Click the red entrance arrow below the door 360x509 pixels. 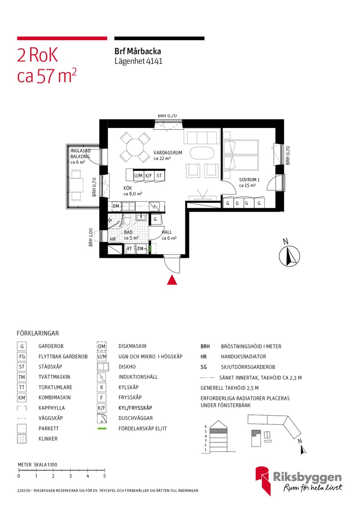pyautogui.click(x=172, y=280)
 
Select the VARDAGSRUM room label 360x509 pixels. pyautogui.click(x=168, y=152)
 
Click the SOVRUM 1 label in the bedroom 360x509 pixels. pyautogui.click(x=248, y=180)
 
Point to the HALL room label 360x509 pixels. pyautogui.click(x=167, y=232)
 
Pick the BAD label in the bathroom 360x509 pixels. pyautogui.click(x=128, y=232)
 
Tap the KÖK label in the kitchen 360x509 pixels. pyautogui.click(x=128, y=188)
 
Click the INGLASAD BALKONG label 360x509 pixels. pyautogui.click(x=80, y=154)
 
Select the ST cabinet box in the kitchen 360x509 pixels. pyautogui.click(x=159, y=176)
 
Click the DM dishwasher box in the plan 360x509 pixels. pyautogui.click(x=116, y=206)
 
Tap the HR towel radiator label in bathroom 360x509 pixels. pyautogui.click(x=113, y=239)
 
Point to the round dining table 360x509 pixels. pyautogui.click(x=135, y=147)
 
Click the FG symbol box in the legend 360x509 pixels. pyautogui.click(x=22, y=357)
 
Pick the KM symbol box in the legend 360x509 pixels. pyautogui.click(x=22, y=397)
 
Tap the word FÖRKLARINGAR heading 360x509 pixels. pyautogui.click(x=38, y=333)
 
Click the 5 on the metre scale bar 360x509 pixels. pyautogui.click(x=104, y=476)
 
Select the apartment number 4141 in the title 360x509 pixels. pyautogui.click(x=155, y=61)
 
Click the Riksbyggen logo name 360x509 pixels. pyautogui.click(x=307, y=477)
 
